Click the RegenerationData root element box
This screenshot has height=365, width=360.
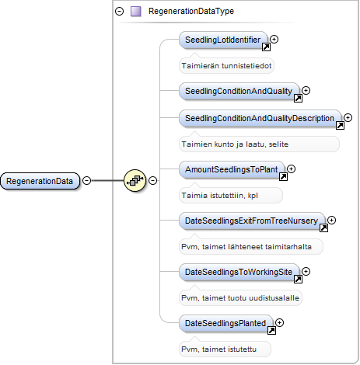coord(40,181)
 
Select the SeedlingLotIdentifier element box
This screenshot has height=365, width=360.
coord(223,40)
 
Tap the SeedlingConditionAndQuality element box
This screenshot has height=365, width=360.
coord(239,91)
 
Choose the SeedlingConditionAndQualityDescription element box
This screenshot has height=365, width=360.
coord(260,118)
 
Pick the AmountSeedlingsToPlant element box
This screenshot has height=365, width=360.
coord(232,169)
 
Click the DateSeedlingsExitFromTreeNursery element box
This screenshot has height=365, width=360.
coord(252,221)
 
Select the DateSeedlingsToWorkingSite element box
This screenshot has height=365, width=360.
coord(239,272)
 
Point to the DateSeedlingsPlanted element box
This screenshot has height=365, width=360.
coord(225,323)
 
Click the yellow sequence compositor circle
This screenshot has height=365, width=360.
coord(135,180)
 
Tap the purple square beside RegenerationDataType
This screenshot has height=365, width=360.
coord(136,12)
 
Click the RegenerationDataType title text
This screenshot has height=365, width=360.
coord(191,11)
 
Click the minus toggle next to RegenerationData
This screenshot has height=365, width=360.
coord(87,180)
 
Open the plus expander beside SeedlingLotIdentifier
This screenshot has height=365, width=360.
coord(274,39)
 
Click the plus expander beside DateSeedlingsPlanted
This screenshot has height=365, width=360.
coord(279,322)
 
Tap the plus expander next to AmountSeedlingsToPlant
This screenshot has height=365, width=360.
coord(292,169)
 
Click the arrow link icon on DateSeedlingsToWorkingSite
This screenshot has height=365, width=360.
coord(298,279)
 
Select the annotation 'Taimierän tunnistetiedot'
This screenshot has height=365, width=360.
coord(226,66)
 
